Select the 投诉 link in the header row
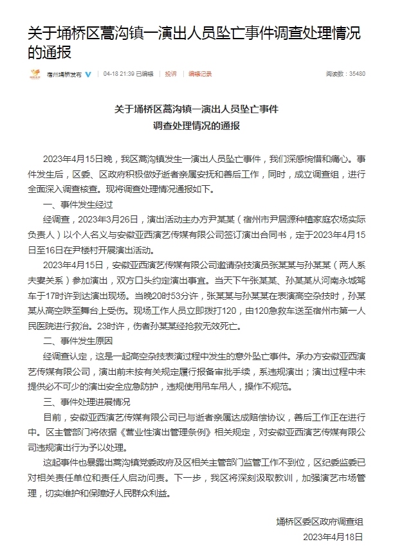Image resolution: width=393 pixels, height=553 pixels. pyautogui.click(x=170, y=75)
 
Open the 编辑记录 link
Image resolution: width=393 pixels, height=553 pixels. pyautogui.click(x=200, y=75)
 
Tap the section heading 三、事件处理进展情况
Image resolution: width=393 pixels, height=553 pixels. pyautogui.click(x=86, y=402)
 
